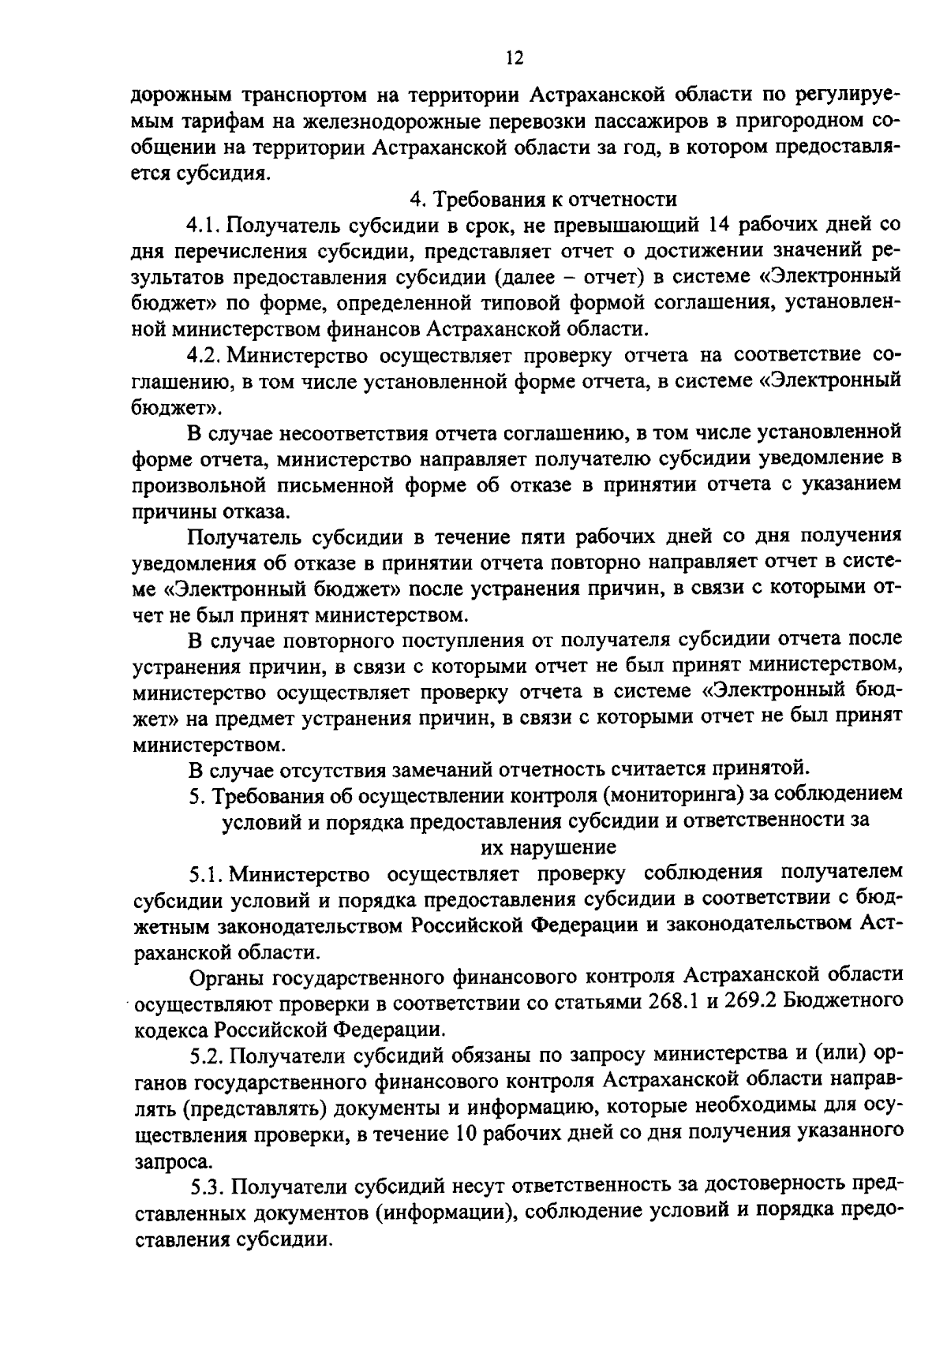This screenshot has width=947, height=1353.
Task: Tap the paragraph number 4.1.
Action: tap(204, 225)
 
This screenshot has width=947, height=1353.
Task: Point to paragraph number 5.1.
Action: tap(206, 873)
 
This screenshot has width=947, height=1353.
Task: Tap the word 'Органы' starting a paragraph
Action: tap(226, 977)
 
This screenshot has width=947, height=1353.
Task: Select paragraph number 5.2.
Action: tap(208, 1054)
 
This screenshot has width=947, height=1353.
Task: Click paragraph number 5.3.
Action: tap(209, 1185)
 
